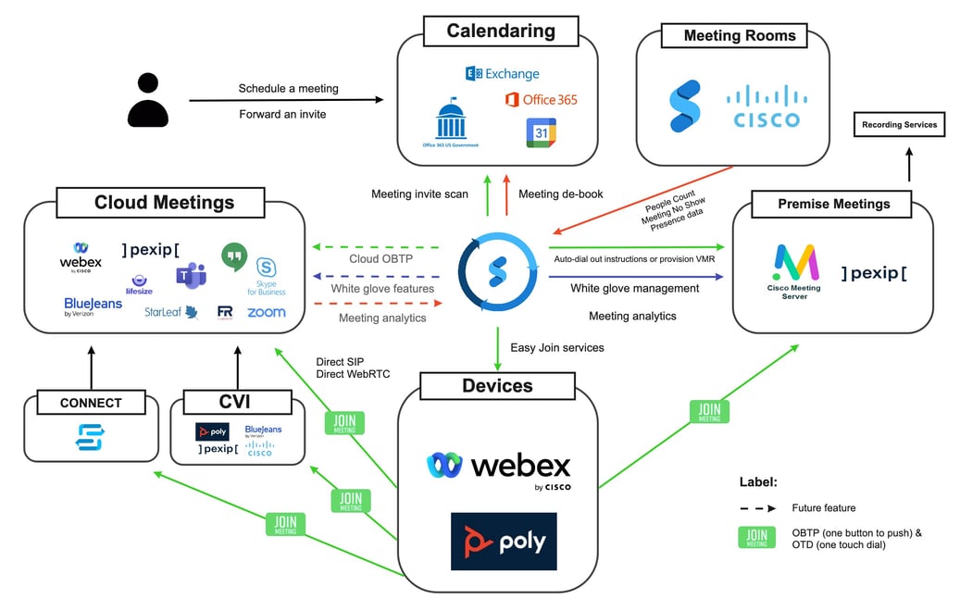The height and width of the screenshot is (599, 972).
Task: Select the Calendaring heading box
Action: tap(500, 31)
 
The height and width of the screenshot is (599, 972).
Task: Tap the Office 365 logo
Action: tap(542, 99)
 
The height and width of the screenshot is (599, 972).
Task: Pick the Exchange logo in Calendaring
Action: tap(502, 73)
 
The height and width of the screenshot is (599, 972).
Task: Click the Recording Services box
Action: tap(899, 125)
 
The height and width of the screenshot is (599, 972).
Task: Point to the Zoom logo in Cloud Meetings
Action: tap(267, 313)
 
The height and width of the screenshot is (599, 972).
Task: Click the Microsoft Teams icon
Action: tap(191, 275)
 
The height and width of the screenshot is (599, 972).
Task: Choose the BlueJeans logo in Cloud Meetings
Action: tap(93, 306)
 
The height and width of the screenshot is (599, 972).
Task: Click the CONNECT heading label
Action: tap(91, 403)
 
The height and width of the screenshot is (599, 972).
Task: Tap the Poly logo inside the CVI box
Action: tap(212, 432)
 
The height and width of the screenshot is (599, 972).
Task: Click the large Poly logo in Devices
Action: tap(504, 542)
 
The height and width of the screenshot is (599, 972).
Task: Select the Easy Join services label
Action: tap(557, 347)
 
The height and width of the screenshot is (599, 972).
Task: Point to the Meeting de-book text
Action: tap(561, 194)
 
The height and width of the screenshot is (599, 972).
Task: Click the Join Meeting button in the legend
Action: tap(756, 538)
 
